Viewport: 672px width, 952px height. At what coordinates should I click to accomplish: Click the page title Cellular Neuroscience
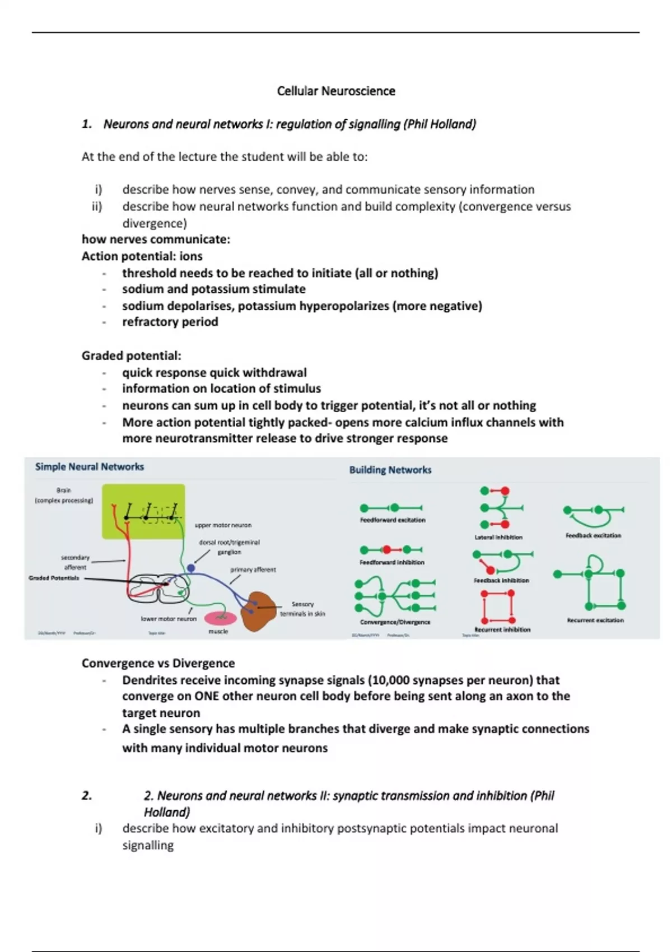pyautogui.click(x=336, y=91)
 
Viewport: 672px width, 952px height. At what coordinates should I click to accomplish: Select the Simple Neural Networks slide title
pyautogui.click(x=90, y=467)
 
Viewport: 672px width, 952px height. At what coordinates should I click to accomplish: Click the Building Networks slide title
pyautogui.click(x=390, y=470)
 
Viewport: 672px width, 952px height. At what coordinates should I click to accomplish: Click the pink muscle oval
pyautogui.click(x=220, y=618)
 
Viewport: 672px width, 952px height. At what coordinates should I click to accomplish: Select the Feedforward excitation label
pyautogui.click(x=393, y=520)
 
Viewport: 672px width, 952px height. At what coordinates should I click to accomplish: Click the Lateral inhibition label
pyautogui.click(x=498, y=537)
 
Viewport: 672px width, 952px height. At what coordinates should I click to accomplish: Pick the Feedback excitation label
pyautogui.click(x=593, y=535)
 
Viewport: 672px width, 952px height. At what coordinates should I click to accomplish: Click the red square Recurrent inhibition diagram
pyautogui.click(x=498, y=607)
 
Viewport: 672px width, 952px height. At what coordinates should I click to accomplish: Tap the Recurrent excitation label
pyautogui.click(x=595, y=620)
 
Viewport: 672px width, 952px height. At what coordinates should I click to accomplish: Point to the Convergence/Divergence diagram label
pyautogui.click(x=395, y=622)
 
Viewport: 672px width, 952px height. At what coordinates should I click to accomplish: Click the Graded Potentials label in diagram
pyautogui.click(x=54, y=578)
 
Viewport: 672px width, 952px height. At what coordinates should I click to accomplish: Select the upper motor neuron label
pyautogui.click(x=223, y=525)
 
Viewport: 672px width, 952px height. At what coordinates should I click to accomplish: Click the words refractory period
pyautogui.click(x=170, y=322)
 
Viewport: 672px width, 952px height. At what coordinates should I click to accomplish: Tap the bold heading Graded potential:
pyautogui.click(x=132, y=356)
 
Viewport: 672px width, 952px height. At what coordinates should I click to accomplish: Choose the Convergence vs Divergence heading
pyautogui.click(x=158, y=663)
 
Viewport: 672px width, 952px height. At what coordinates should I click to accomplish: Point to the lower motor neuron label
pyautogui.click(x=169, y=619)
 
